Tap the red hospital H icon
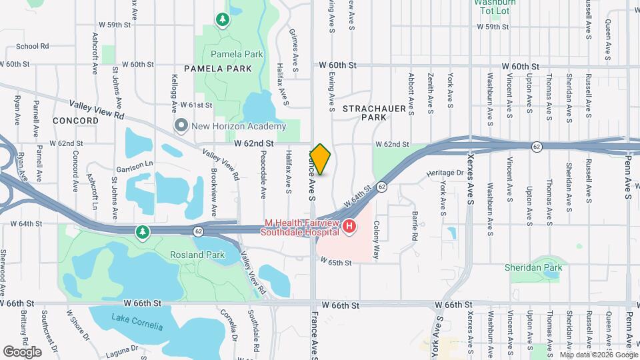click(349, 228)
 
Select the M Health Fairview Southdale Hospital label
click(302, 228)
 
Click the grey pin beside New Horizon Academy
click(181, 125)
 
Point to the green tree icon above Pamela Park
click(222, 21)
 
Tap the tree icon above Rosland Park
click(141, 232)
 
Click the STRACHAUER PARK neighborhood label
click(365, 112)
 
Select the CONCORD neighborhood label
click(76, 121)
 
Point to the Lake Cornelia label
click(137, 326)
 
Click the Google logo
click(22, 351)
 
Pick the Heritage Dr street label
click(445, 173)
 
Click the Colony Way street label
click(377, 240)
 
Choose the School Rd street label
click(33, 47)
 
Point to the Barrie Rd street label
click(415, 226)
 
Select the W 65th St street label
click(335, 263)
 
